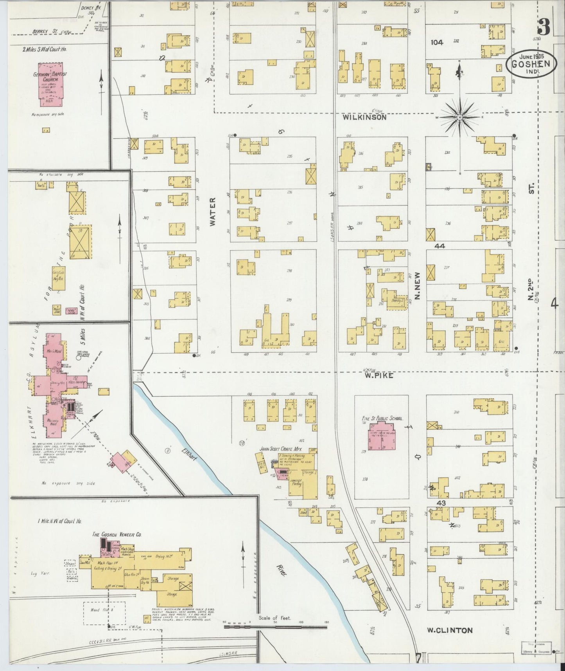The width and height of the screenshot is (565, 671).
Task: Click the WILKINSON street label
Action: tap(364, 117)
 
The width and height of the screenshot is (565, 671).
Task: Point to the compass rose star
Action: tap(460, 117)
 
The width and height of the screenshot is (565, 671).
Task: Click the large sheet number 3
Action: tap(543, 27)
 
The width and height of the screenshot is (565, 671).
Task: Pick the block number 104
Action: tap(437, 42)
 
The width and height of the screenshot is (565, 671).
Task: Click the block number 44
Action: tap(439, 246)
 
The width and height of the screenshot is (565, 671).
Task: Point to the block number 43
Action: tap(441, 502)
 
